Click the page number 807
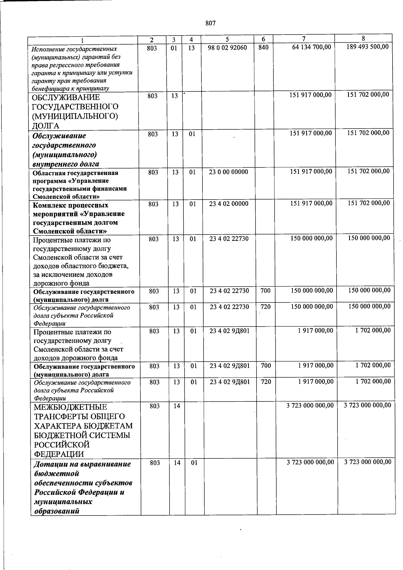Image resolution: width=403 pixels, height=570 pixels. pos(210,23)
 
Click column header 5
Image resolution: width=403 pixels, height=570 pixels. pos(227,40)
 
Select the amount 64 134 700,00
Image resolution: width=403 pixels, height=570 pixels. pos(311,47)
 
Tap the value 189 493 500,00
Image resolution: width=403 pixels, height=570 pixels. pos(367,47)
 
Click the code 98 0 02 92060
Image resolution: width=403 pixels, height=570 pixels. pos(227,48)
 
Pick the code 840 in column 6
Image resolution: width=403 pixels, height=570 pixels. pos(264,48)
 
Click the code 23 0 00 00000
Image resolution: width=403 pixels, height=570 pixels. pos(228,172)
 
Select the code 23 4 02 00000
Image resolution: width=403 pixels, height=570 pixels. pos(229,204)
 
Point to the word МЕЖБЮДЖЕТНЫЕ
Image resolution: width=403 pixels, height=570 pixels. pos(71,407)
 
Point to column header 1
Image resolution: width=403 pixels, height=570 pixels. pos(84,40)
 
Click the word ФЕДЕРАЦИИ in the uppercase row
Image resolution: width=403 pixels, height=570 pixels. pos(59,454)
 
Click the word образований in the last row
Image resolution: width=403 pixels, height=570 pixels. pos(57,512)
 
